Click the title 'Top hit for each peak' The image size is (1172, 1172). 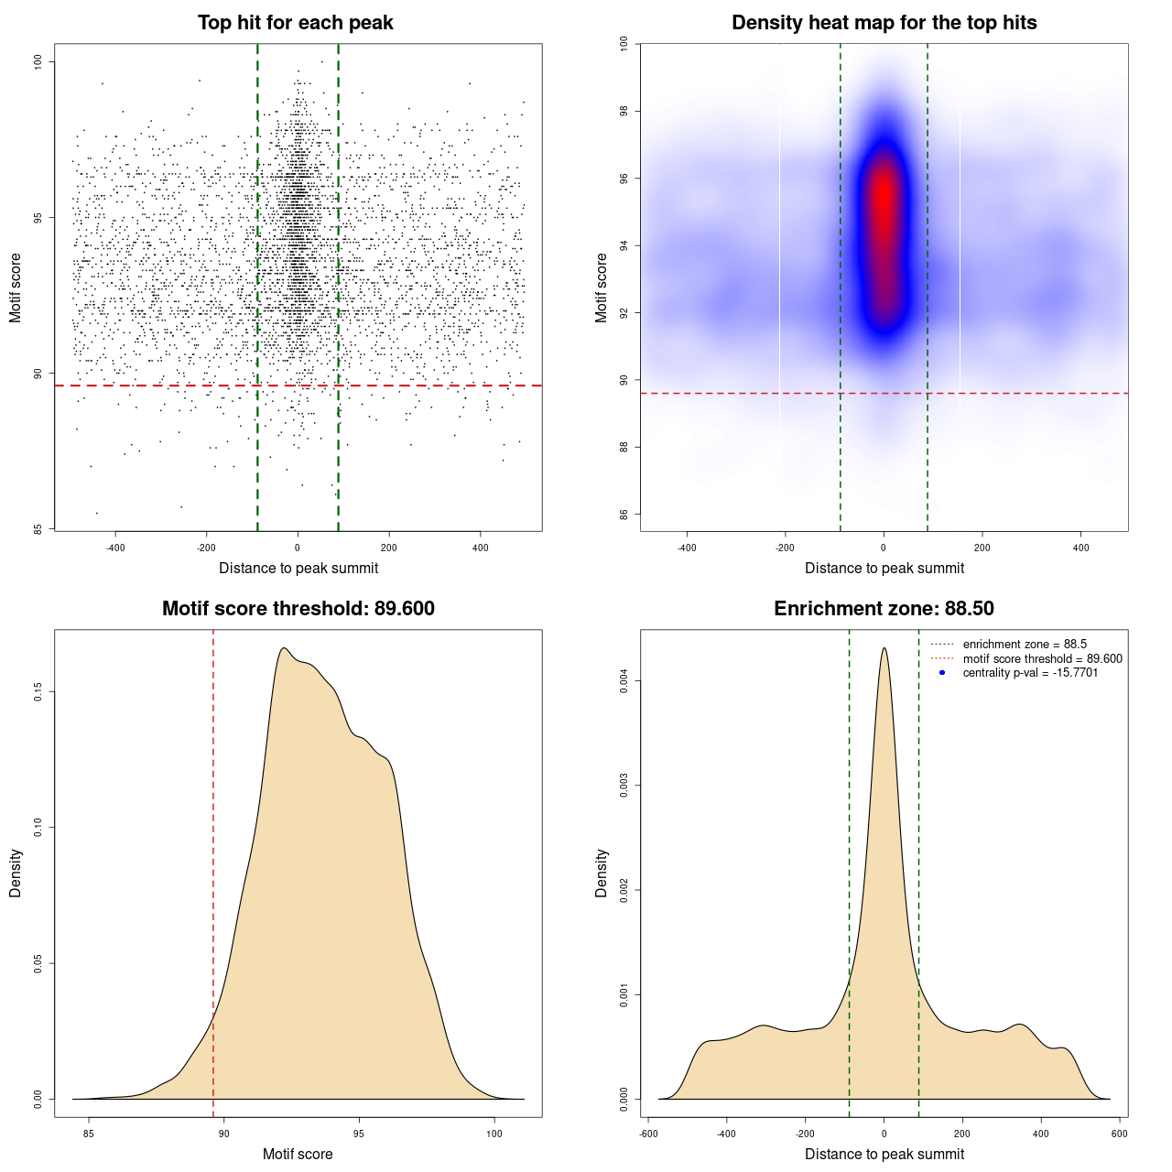[296, 23]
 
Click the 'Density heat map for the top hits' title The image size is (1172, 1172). [884, 23]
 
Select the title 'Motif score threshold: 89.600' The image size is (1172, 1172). [298, 609]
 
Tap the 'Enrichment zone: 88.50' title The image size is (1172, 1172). [884, 609]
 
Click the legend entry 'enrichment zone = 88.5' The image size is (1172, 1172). [1025, 645]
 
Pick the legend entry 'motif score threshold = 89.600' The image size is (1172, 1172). [1042, 659]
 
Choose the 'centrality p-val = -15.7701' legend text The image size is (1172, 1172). [1030, 673]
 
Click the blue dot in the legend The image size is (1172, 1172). [942, 673]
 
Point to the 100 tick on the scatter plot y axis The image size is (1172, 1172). [38, 61]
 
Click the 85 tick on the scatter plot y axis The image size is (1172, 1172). [38, 529]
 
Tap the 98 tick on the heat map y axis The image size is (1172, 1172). [624, 111]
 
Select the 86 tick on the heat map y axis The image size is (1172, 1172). [624, 515]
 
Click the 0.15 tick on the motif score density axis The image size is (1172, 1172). [38, 692]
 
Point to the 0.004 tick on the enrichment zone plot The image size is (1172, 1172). [624, 681]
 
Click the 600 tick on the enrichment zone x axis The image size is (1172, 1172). [1119, 1134]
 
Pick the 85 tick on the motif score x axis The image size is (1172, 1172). [89, 1134]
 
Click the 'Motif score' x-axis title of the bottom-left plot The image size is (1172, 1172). [298, 1155]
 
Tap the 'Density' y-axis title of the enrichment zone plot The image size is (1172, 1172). [602, 873]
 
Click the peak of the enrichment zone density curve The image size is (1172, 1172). [884, 648]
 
